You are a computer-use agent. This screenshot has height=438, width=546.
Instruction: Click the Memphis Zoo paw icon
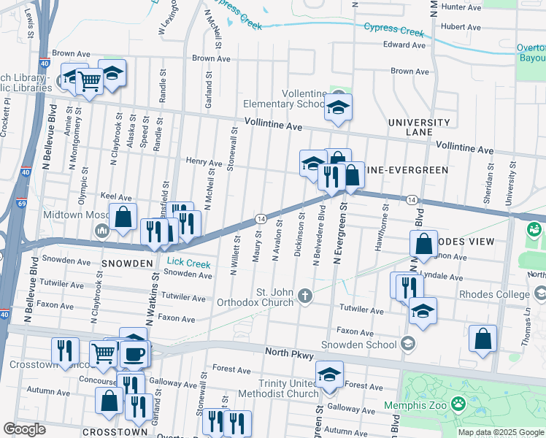tap(458, 403)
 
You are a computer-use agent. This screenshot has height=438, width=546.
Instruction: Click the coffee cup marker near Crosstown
tap(133, 354)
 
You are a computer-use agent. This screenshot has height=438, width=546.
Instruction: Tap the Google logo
tap(24, 429)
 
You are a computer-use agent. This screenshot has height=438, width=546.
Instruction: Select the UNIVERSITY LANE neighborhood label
tap(419, 127)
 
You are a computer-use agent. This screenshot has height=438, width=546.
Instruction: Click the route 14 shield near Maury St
tap(260, 219)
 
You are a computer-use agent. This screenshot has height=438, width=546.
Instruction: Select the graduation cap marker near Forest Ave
tap(330, 374)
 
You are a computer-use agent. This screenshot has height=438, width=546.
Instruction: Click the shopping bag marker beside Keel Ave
tap(123, 217)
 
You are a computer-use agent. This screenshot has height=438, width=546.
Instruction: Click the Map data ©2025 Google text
tap(501, 432)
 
